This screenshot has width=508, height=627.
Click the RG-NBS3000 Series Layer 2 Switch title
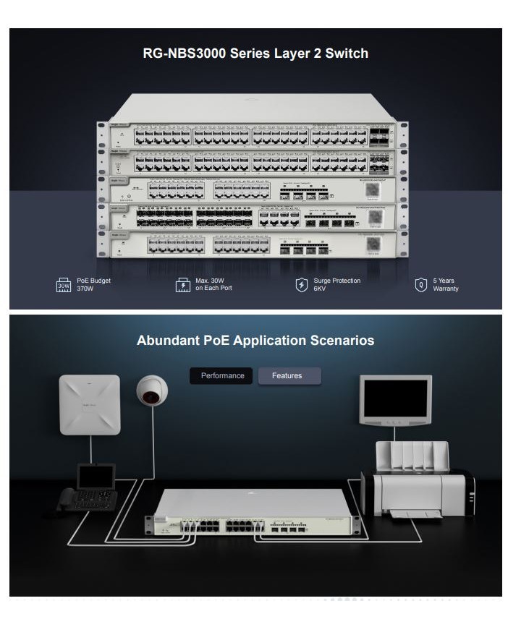(255, 54)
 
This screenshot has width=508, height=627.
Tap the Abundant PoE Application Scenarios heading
(255, 340)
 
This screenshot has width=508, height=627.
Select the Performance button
(221, 376)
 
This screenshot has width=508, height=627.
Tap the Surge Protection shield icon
(302, 284)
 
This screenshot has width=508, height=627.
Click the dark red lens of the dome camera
(151, 397)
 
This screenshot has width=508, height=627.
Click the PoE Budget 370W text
(93, 284)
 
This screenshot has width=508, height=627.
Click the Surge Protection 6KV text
(336, 284)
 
